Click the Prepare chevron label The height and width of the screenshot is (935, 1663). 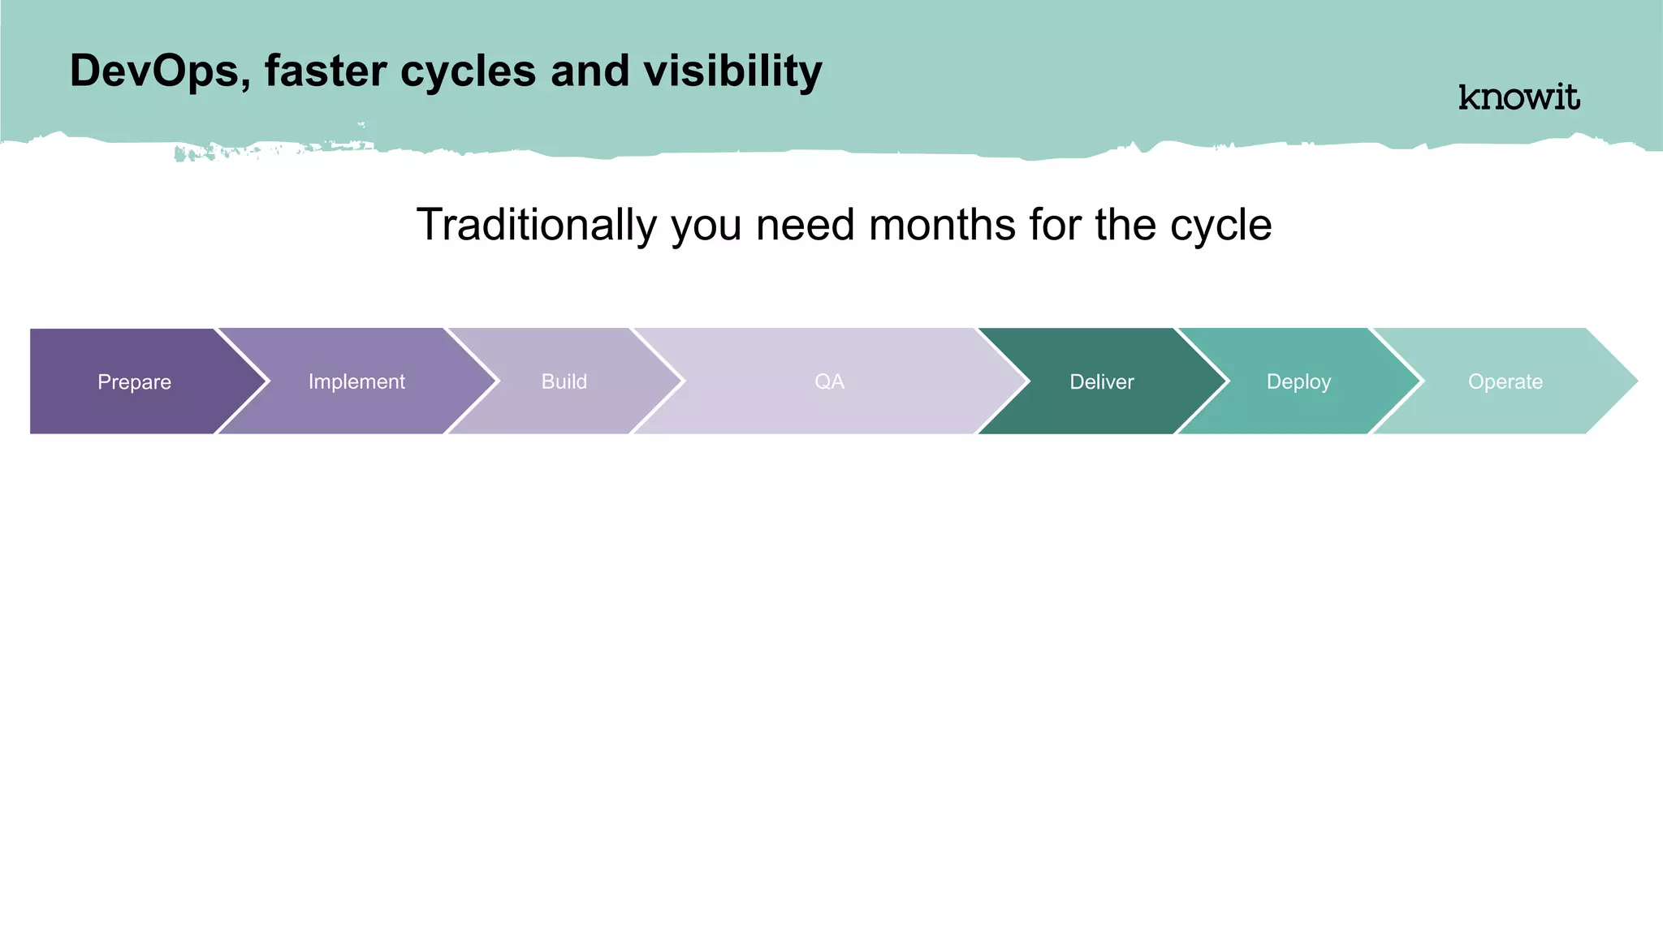134,381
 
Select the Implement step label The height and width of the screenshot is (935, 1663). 356,381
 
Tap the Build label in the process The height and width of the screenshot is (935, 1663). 564,381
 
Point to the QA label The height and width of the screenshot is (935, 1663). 829,381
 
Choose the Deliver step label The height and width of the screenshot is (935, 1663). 1101,381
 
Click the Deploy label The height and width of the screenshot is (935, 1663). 1298,381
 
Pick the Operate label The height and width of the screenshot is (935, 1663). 1505,381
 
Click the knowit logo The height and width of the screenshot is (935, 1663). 1518,97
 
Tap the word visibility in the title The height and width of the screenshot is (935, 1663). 732,71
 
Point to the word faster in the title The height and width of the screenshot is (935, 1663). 325,71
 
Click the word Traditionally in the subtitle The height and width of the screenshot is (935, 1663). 536,225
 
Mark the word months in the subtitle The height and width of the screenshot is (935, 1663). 941,225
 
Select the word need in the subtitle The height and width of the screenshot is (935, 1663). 805,225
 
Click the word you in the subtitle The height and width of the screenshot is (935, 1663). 706,225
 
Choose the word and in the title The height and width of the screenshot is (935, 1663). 590,71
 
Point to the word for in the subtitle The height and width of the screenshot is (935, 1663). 1054,225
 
